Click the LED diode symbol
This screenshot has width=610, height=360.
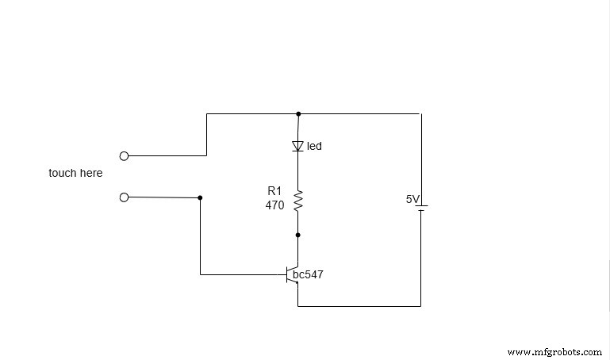coord(298,146)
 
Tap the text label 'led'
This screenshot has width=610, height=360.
coord(314,147)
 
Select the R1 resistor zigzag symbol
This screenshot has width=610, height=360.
coord(298,201)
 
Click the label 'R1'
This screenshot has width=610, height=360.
coord(274,191)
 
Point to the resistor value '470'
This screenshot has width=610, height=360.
coord(274,205)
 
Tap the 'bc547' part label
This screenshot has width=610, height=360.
coord(308,275)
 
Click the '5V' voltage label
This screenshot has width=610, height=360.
coord(412,200)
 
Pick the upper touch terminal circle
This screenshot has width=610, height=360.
coord(124,156)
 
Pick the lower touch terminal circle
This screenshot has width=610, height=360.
coord(124,197)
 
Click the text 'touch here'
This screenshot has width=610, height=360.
coord(75,173)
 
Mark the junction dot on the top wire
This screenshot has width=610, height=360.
coord(298,113)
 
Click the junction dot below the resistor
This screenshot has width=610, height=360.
coord(298,235)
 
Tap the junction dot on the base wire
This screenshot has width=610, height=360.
coord(200,197)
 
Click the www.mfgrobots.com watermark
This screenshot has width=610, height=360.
coord(554,351)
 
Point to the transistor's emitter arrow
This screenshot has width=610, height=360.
coord(295,287)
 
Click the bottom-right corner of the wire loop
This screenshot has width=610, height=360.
coord(420,305)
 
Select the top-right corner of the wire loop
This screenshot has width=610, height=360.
coord(420,113)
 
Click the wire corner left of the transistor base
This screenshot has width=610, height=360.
coord(200,274)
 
